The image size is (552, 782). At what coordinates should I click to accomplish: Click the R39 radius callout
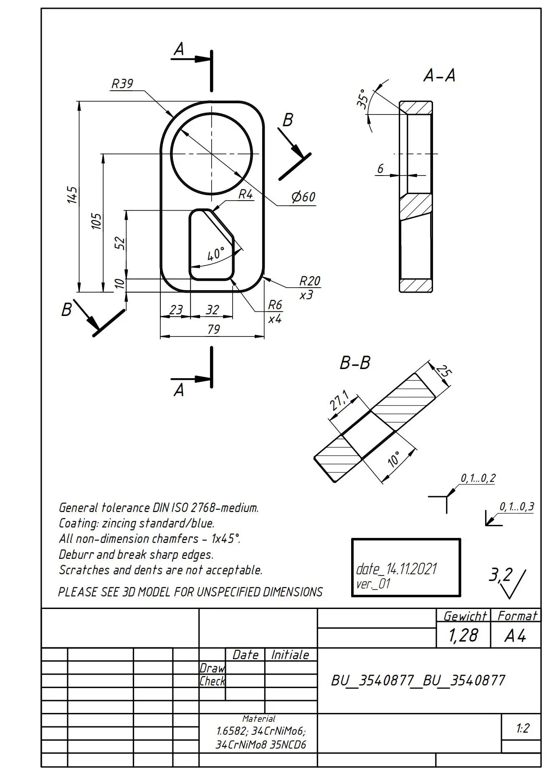[x=122, y=84]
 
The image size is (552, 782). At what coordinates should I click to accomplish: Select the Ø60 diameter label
[x=303, y=197]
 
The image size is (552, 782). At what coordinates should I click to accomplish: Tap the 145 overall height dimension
[x=72, y=195]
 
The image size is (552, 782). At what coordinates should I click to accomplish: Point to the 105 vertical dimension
[x=96, y=221]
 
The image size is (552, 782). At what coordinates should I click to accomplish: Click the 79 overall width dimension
[x=213, y=329]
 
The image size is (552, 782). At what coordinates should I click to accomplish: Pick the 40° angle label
[x=215, y=254]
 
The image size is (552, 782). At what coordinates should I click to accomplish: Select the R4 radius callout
[x=246, y=194]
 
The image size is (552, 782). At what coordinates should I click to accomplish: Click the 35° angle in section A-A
[x=362, y=99]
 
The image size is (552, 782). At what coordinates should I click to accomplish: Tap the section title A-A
[x=439, y=76]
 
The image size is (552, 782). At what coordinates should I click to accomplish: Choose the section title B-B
[x=355, y=363]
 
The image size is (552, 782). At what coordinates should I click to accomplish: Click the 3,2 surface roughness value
[x=500, y=575]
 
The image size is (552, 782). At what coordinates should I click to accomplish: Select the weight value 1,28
[x=463, y=635]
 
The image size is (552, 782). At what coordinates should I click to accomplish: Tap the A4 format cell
[x=515, y=636]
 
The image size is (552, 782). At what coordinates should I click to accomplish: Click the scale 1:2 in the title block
[x=522, y=729]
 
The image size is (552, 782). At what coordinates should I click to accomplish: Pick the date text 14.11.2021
[x=411, y=569]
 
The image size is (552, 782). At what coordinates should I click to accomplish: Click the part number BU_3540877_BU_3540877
[x=418, y=680]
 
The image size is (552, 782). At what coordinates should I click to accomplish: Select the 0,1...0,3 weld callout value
[x=517, y=507]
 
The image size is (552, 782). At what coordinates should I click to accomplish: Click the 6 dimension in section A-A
[x=380, y=169]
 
